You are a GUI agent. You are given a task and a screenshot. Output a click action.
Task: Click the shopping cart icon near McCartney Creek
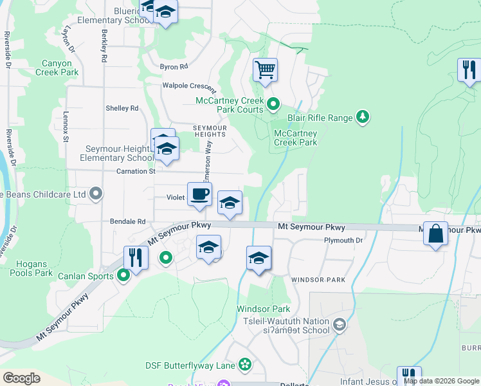click(265, 69)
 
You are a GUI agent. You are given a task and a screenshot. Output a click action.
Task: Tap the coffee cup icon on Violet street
click(199, 194)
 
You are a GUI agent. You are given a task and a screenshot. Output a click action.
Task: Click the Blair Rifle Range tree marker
click(363, 116)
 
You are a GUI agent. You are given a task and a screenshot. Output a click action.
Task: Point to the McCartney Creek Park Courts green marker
click(273, 103)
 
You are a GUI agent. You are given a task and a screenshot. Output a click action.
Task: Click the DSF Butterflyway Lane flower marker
click(244, 365)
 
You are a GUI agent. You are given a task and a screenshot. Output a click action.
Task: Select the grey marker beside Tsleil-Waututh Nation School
click(340, 326)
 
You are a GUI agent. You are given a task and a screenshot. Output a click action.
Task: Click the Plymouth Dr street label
click(343, 241)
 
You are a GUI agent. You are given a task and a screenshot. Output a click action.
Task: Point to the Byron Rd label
click(174, 66)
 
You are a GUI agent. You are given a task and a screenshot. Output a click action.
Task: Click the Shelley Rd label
click(122, 108)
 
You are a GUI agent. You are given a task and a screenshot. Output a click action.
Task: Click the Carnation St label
click(136, 172)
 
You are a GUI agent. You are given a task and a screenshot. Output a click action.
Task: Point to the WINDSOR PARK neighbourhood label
click(318, 280)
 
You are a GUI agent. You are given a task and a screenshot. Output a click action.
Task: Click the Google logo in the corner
click(22, 378)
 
